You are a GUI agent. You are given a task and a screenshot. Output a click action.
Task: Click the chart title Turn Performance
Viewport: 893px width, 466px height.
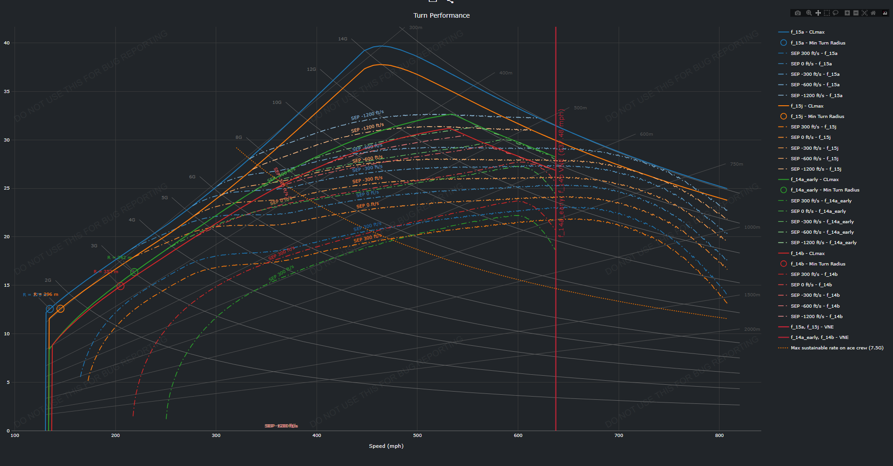442,15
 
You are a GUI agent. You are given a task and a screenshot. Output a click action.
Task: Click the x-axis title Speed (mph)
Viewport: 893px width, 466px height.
386,446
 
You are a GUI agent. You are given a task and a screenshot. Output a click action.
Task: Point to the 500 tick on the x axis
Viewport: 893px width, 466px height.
417,436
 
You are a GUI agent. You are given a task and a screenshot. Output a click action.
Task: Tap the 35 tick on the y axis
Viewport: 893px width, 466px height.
7,92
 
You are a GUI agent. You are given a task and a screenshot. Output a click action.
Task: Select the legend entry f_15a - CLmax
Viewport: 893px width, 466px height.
807,32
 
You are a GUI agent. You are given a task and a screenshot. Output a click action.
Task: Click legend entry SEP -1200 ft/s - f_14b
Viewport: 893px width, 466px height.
816,317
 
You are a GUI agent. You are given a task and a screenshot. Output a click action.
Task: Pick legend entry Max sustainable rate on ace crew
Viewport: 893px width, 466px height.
837,348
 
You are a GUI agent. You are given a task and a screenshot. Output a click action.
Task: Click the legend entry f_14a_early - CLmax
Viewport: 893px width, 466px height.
814,180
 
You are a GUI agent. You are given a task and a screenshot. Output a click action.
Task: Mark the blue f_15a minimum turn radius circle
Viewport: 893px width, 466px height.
50,309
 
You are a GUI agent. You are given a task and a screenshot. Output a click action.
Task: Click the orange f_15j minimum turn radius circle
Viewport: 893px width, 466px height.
60,309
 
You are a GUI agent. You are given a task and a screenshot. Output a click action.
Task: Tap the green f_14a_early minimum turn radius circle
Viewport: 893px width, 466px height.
134,272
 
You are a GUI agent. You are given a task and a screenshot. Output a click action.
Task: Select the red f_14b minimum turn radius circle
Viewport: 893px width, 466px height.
120,286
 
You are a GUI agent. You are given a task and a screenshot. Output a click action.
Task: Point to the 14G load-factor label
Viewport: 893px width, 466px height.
342,39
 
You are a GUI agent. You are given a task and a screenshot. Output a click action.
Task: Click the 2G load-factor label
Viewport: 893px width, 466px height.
48,280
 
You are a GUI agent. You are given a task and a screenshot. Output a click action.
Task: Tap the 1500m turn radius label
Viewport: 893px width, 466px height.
752,295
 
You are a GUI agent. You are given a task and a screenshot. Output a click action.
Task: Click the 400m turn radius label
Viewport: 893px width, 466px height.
506,73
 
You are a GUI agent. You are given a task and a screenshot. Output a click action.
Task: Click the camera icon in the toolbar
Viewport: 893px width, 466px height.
798,13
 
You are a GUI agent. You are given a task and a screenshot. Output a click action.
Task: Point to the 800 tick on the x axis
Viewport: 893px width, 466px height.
719,436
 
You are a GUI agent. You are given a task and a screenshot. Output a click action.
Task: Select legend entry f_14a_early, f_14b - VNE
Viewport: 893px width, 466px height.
819,338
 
